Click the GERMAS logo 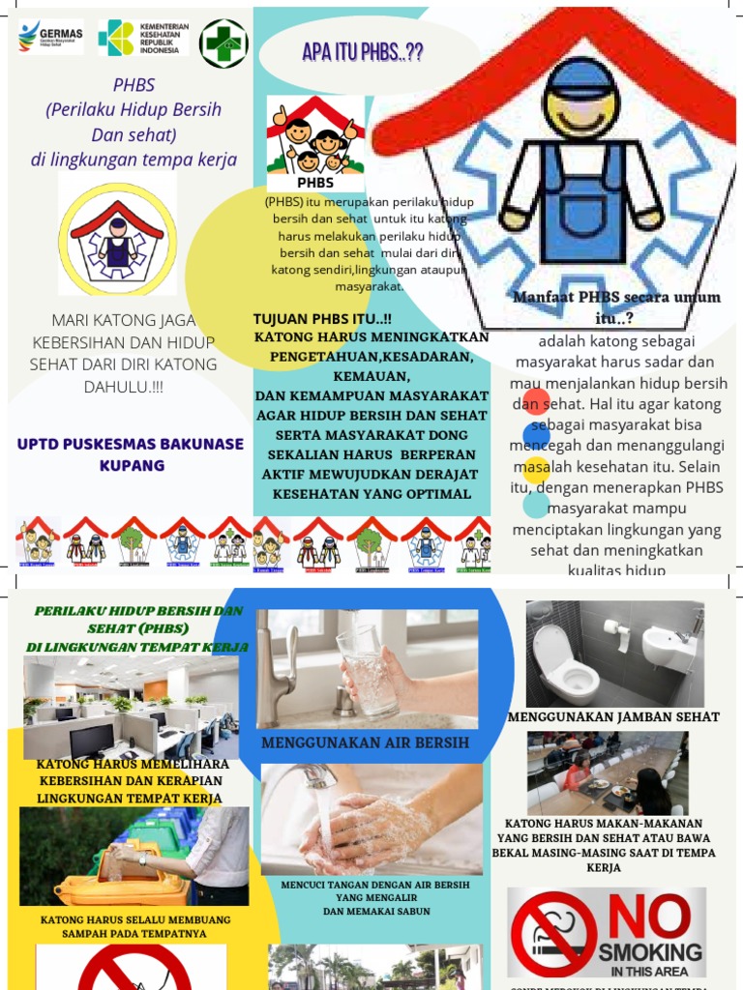click(x=50, y=39)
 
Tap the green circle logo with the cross click(x=223, y=44)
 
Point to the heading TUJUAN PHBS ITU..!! click(x=323, y=319)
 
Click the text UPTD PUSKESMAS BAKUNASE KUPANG click(x=131, y=454)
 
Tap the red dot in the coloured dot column click(x=535, y=399)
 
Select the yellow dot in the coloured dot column click(x=536, y=470)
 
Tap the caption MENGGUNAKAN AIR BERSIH click(x=365, y=742)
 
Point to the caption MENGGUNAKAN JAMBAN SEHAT click(x=613, y=716)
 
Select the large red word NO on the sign click(x=649, y=916)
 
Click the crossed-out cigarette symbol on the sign click(x=554, y=934)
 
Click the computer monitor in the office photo click(x=92, y=741)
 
